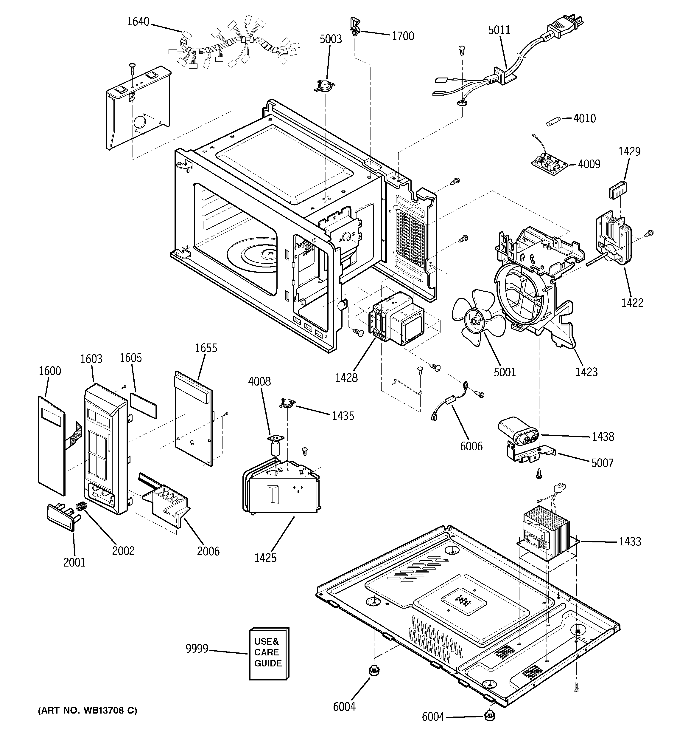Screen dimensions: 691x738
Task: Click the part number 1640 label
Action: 138,22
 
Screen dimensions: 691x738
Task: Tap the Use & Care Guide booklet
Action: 269,654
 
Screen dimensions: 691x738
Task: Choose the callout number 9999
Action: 197,649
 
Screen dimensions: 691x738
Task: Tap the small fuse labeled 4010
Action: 553,121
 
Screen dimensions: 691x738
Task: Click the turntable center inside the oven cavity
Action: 268,254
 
